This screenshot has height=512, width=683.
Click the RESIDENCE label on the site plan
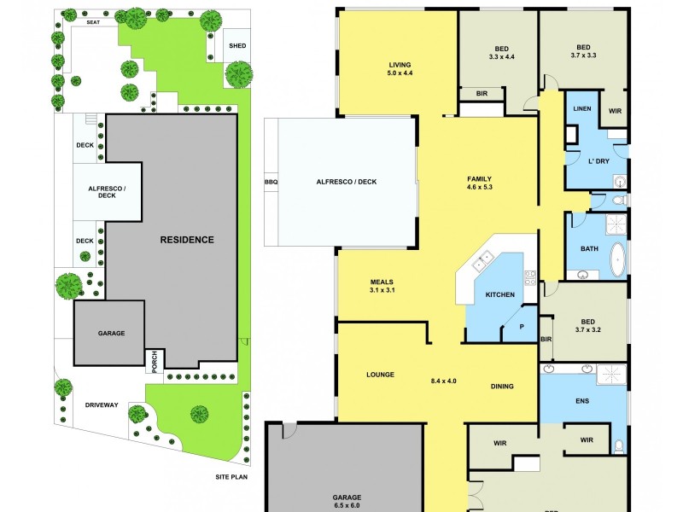[x=187, y=240]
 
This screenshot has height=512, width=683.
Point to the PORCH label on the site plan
[x=155, y=359]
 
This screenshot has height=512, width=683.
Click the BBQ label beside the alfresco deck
[x=271, y=182]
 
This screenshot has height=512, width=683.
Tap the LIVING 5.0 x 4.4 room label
[x=400, y=69]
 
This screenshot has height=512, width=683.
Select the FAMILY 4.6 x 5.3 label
[x=480, y=183]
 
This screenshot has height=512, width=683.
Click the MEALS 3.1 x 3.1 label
[x=382, y=286]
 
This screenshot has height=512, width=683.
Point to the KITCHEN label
[x=500, y=294]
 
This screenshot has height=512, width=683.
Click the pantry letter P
[x=522, y=327]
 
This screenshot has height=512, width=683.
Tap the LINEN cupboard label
[x=581, y=108]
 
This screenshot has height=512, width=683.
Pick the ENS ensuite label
[x=583, y=400]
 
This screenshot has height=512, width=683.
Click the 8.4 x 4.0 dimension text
[x=444, y=381]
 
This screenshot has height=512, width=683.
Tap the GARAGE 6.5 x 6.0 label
[x=347, y=501]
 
